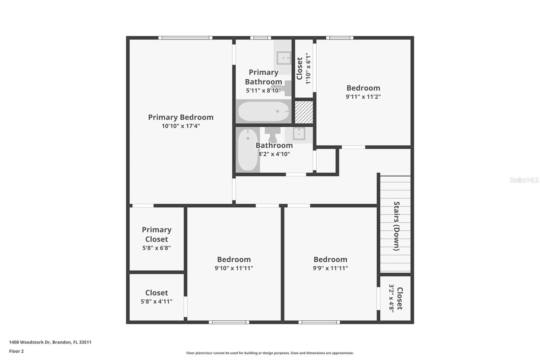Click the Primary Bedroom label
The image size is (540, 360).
181,117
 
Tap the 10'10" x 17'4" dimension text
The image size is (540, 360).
181,126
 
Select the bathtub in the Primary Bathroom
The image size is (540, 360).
264,111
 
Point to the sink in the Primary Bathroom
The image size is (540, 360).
283,58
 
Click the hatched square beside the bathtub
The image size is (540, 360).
304,112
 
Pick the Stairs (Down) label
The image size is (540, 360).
397,226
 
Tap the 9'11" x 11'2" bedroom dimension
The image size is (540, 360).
363,97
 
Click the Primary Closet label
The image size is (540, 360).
157,234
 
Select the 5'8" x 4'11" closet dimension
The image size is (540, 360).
157,301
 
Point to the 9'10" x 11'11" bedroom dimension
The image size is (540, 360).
234,268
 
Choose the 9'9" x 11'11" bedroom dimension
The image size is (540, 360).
330,268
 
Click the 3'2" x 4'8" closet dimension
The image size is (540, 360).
391,298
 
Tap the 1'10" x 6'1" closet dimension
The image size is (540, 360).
308,68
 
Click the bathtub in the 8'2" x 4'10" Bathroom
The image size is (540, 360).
248,149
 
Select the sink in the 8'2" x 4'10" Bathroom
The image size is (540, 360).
299,134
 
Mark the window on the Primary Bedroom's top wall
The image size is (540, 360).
185,38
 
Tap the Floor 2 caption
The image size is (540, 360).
16,351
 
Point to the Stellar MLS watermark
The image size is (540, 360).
524,180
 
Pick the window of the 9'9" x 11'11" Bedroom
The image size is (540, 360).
319,322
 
